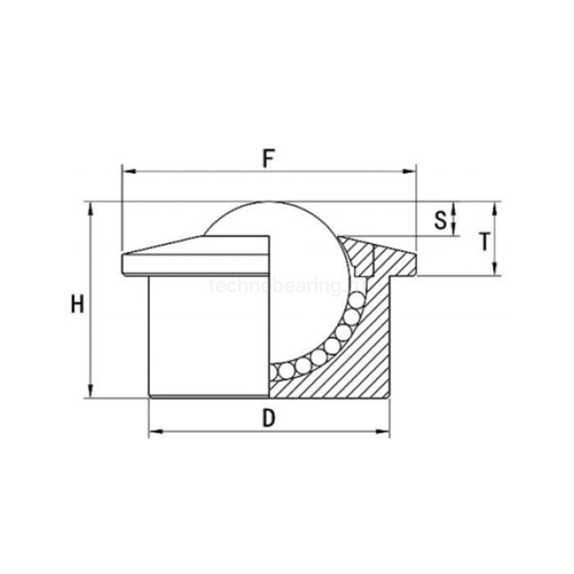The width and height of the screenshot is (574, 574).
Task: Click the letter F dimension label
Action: [268, 158]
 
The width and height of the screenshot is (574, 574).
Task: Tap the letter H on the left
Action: [77, 305]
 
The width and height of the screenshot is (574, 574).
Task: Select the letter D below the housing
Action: [268, 417]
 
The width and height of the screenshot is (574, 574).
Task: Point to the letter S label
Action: [440, 219]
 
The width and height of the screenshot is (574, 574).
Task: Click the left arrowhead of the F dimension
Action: [125, 172]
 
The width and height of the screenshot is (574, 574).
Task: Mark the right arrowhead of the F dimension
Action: [412, 172]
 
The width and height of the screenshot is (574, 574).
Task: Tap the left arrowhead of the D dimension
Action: [153, 431]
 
